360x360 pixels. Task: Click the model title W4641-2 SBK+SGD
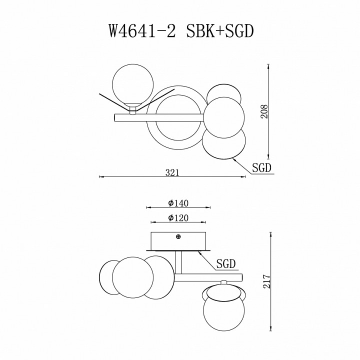tap(180, 31)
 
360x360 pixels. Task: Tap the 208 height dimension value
tap(265, 111)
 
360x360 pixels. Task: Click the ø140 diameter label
tap(178, 203)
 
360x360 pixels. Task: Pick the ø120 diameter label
tap(178, 218)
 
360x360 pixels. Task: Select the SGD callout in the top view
tap(261, 168)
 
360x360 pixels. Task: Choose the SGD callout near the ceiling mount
tap(226, 263)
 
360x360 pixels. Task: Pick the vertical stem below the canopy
tap(178, 262)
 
